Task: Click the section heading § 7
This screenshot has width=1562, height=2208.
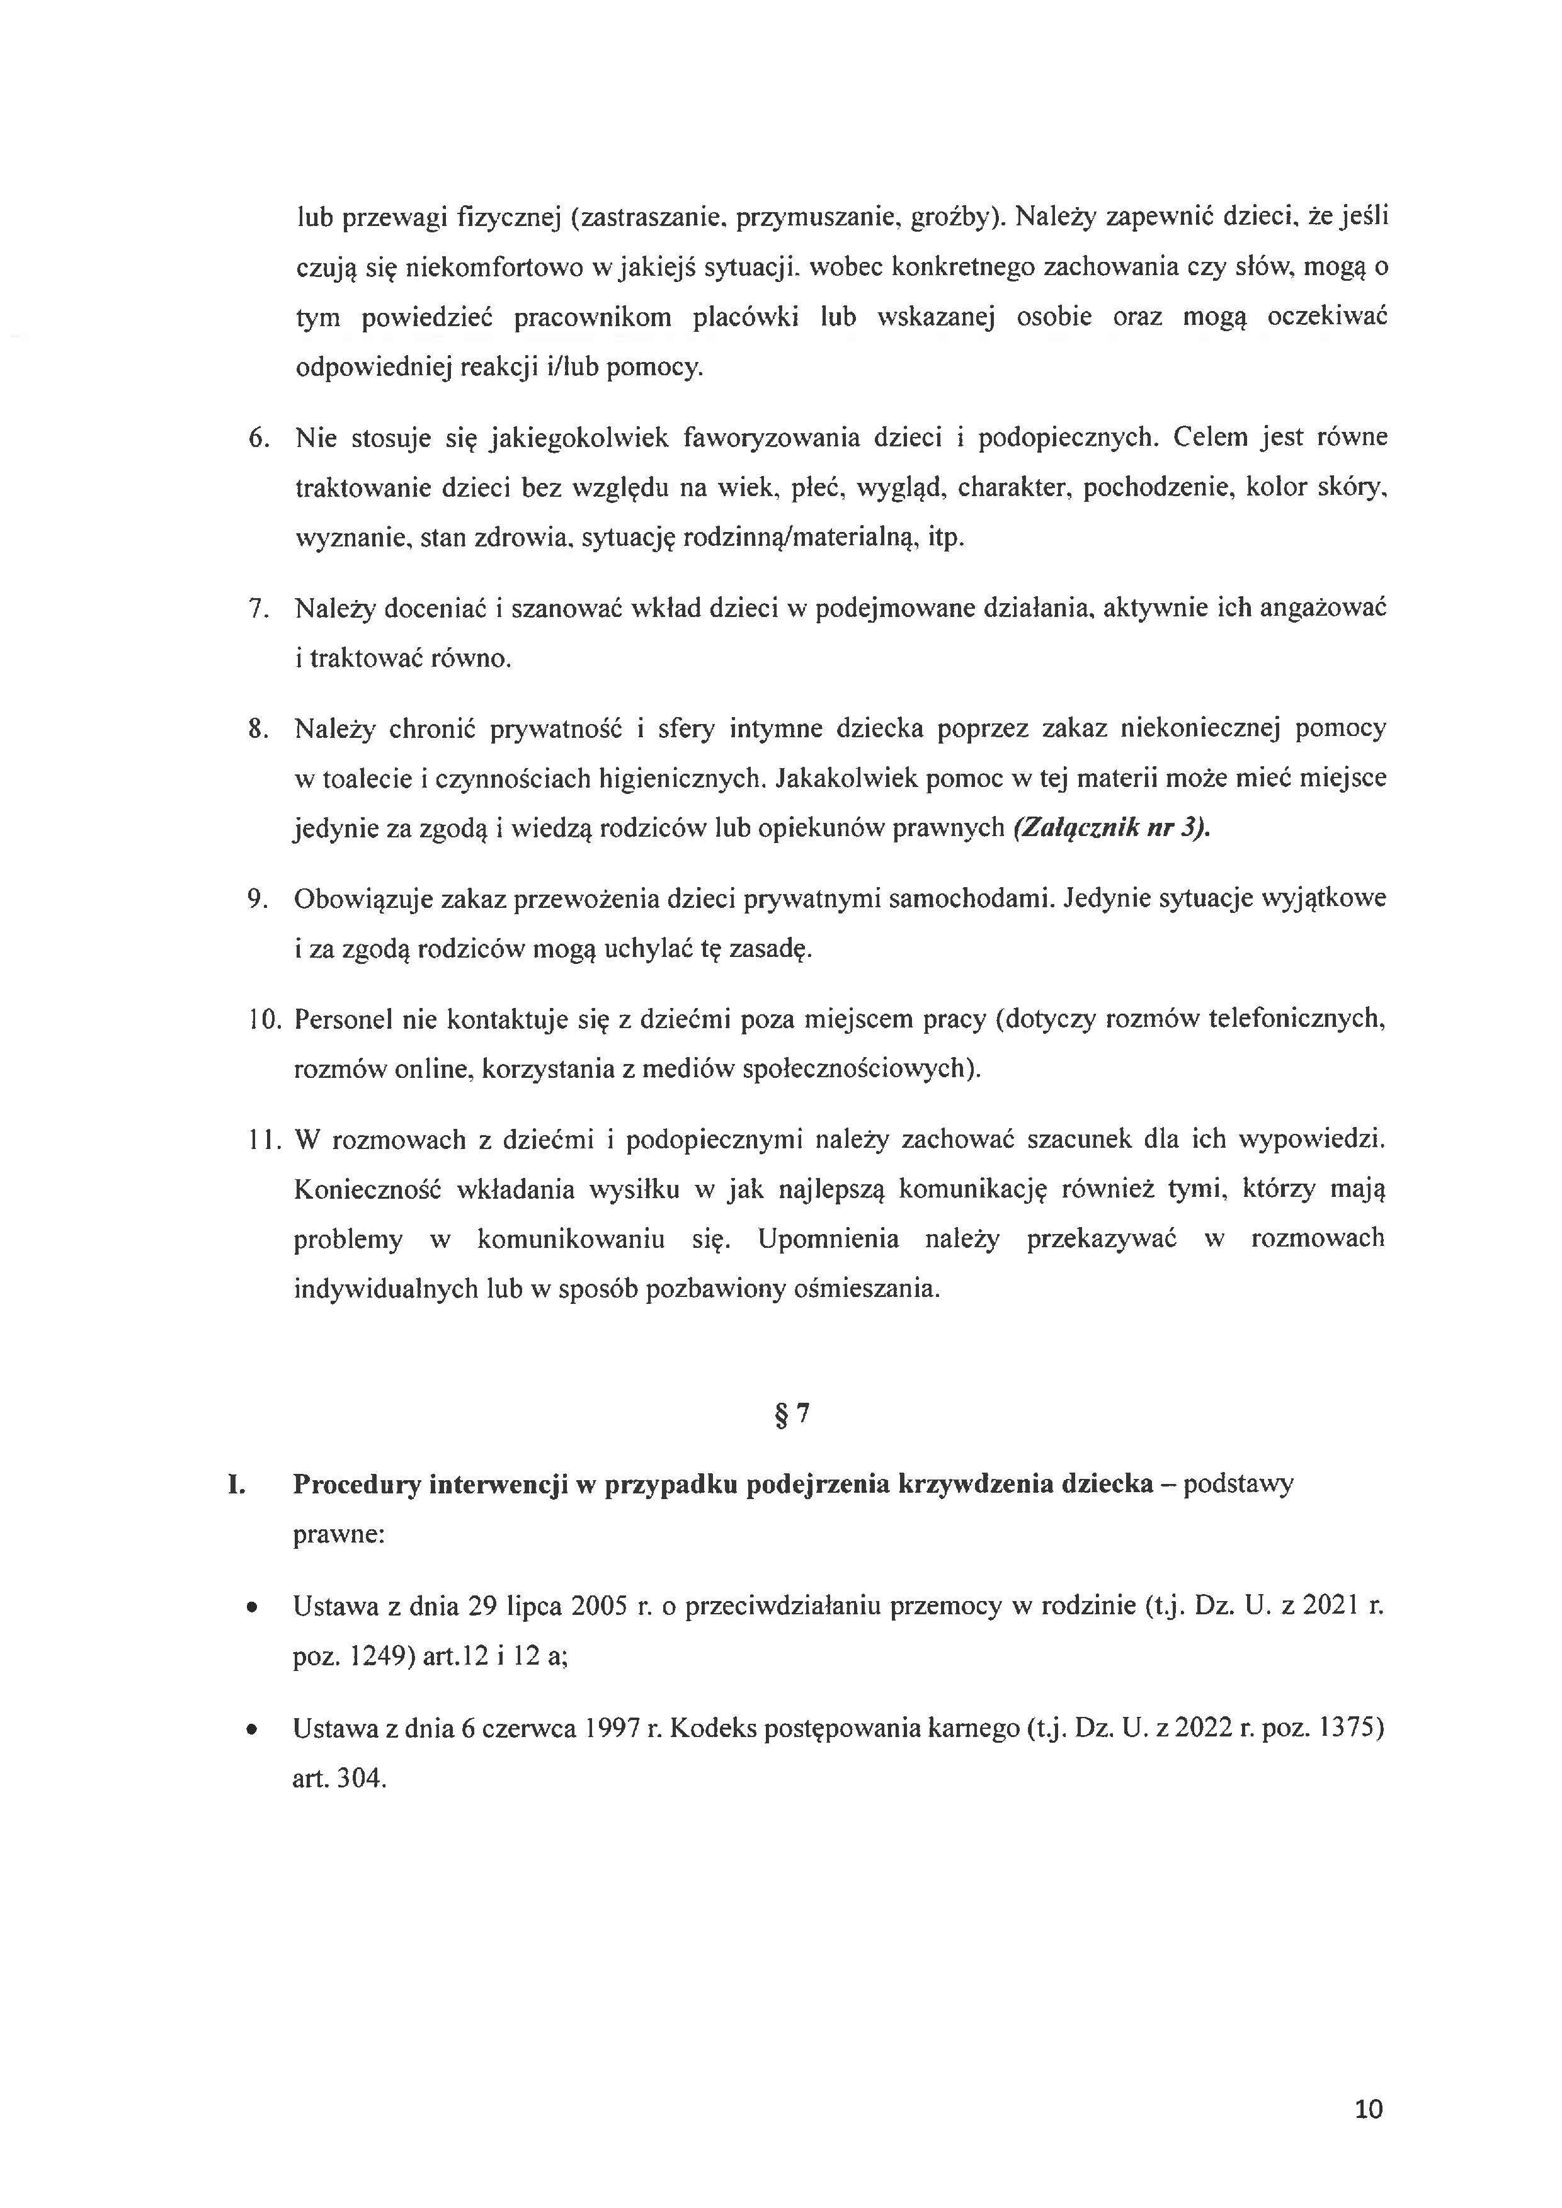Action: (792, 1415)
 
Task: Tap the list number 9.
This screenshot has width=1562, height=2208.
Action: (257, 899)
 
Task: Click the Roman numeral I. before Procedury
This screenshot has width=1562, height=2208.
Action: (237, 1485)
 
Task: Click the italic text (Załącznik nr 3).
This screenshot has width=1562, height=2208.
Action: (1111, 828)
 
